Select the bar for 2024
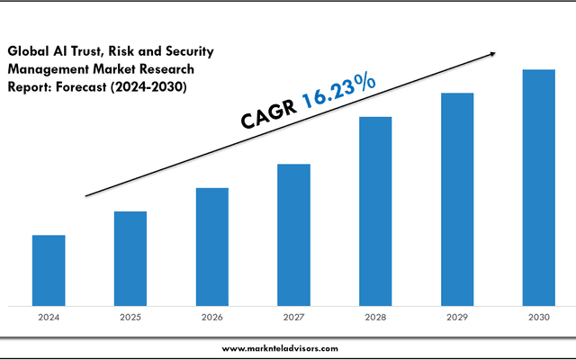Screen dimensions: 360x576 (49, 270)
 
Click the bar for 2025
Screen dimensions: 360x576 (130, 258)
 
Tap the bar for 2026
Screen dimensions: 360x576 (212, 247)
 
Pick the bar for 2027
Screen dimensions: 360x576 (293, 234)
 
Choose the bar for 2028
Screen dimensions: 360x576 (375, 211)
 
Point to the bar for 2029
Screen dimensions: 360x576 (457, 199)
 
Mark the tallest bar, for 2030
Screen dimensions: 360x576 (539, 187)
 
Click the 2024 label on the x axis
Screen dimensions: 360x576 (49, 317)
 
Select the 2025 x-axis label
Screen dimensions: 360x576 (130, 317)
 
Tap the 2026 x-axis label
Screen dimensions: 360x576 (212, 317)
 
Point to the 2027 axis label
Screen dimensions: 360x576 (293, 317)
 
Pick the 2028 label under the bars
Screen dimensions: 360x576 (375, 317)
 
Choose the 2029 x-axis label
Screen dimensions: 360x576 (457, 317)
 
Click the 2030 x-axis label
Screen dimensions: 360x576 (539, 317)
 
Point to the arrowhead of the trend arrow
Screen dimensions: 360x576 (492, 54)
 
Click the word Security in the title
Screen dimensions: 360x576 (188, 52)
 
